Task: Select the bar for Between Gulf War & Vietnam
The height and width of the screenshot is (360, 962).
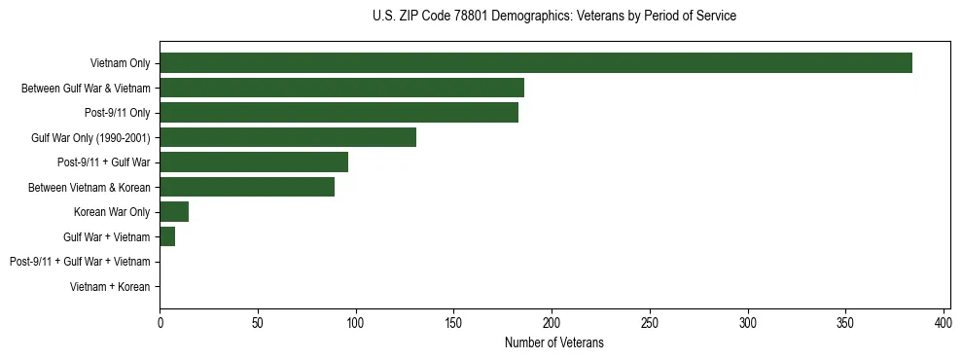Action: (x=341, y=88)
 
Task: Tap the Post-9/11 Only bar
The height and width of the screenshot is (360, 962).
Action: (x=338, y=113)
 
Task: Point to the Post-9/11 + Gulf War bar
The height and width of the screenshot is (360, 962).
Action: (x=254, y=162)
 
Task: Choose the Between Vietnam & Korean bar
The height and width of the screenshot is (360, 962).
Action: (x=247, y=187)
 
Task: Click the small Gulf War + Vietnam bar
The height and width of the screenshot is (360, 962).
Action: (x=167, y=236)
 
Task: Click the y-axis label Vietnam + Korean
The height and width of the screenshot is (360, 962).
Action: (x=110, y=287)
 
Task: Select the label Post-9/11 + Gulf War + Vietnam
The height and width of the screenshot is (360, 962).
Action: (x=80, y=262)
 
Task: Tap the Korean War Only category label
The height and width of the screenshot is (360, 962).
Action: (x=112, y=212)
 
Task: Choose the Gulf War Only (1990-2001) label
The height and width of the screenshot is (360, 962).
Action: (x=90, y=137)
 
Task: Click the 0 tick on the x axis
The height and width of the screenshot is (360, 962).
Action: (x=160, y=322)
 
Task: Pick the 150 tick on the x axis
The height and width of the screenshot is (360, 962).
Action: (x=453, y=322)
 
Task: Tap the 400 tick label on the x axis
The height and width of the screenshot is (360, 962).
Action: (x=944, y=322)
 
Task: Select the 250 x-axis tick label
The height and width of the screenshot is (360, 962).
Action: (x=650, y=322)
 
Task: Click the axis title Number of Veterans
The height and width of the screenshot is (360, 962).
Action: (x=553, y=342)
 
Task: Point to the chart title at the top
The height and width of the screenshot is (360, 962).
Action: (x=553, y=16)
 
